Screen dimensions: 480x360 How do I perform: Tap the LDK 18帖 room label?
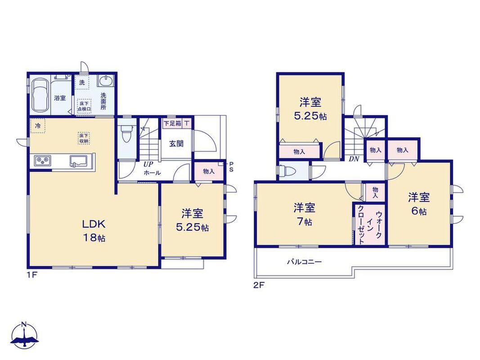[x=94, y=230]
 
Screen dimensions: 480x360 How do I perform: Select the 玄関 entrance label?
[x=177, y=143]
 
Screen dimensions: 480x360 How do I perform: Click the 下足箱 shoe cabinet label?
[x=172, y=124]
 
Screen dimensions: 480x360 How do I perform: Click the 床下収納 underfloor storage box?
[x=84, y=138]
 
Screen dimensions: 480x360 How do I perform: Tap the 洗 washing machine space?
[x=82, y=82]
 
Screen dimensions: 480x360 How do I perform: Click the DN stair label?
[x=354, y=159]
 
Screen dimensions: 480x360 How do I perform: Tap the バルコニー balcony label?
[x=304, y=262]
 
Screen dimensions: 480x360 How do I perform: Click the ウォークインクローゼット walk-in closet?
[x=370, y=224]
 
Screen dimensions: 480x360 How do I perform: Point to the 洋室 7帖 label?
[x=304, y=214]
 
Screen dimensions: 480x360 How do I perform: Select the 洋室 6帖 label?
[x=418, y=204]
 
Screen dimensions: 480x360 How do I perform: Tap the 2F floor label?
[x=258, y=285]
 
